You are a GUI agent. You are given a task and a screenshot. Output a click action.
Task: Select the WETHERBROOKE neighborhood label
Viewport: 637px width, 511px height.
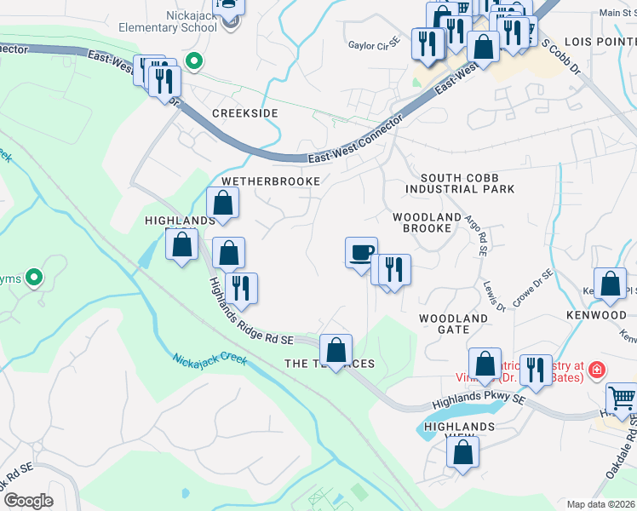(271, 181)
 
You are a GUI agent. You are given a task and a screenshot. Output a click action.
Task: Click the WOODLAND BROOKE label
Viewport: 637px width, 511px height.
(422, 223)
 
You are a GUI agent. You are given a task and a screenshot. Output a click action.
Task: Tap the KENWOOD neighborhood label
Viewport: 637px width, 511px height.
(595, 315)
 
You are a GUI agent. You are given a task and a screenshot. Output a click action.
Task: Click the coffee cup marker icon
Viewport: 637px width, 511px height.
(361, 251)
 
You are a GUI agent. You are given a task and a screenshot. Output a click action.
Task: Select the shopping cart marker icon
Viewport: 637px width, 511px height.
(623, 398)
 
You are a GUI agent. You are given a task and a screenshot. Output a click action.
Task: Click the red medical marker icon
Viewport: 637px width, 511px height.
(596, 369)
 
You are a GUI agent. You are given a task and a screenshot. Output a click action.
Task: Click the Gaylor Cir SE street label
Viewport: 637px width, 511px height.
(373, 43)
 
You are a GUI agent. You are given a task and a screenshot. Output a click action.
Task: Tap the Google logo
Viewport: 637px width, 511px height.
(28, 501)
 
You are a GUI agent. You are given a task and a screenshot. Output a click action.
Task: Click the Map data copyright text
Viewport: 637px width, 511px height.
(600, 504)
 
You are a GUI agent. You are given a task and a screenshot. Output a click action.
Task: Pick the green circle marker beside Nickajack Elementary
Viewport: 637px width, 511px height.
(194, 60)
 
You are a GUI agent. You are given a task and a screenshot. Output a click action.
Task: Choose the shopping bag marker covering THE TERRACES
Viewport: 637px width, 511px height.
(336, 349)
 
